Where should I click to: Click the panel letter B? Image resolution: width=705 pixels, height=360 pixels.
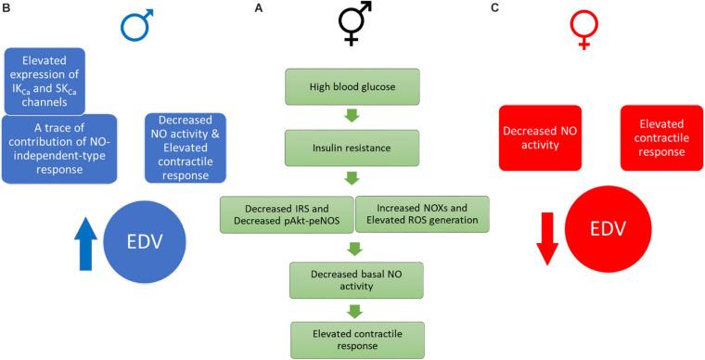(7, 7)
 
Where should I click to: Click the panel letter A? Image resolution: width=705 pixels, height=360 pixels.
(259, 7)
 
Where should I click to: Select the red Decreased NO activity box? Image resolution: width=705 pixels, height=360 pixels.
(540, 136)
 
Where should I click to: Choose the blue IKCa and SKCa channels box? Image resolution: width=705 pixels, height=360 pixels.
(45, 80)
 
